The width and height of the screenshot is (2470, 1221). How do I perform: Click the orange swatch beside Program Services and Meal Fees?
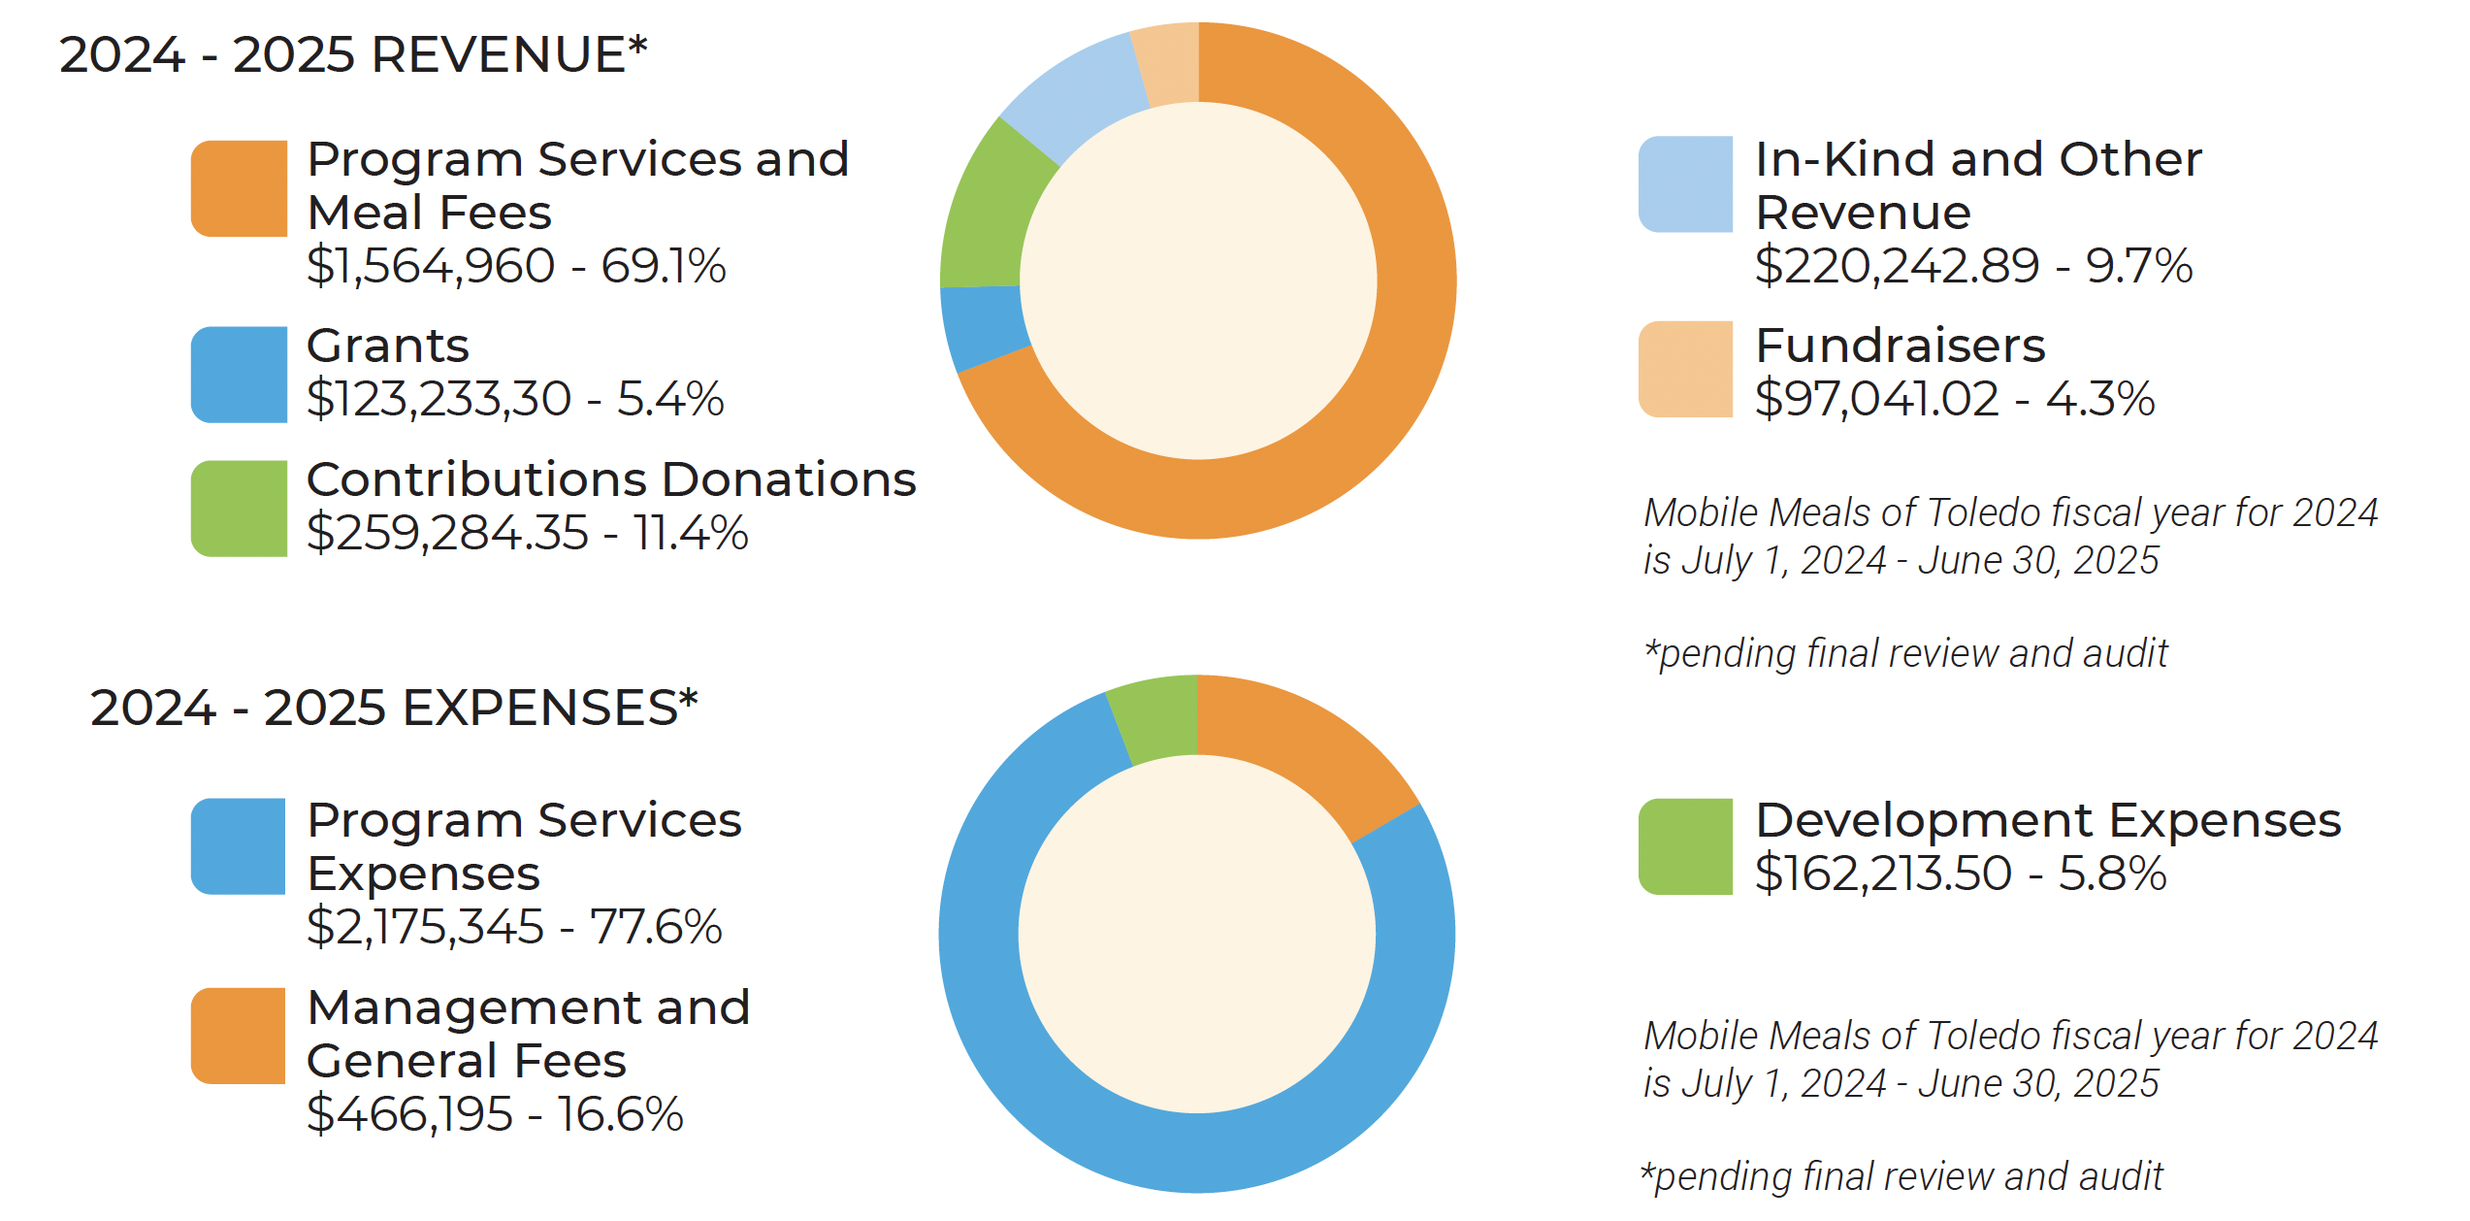coord(239,188)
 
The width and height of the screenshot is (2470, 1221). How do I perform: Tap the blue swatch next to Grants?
coord(239,375)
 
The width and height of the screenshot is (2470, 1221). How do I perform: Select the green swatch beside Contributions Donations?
coord(239,509)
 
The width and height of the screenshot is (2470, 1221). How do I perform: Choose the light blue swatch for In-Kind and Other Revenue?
coord(1685,184)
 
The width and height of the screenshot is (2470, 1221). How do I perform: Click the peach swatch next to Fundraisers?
coord(1685,369)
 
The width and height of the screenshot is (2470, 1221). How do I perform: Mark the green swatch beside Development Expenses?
coord(1685,846)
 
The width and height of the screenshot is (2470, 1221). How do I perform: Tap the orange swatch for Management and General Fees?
coord(239,1036)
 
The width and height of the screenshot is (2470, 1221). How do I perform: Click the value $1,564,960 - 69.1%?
coord(516,266)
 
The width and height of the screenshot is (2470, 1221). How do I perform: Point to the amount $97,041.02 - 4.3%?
coord(1955,399)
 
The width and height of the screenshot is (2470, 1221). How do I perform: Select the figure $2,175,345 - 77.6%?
coord(514,927)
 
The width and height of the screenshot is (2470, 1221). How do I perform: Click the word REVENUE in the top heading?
coord(498,54)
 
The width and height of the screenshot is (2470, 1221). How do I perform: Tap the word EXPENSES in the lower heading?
coord(539,708)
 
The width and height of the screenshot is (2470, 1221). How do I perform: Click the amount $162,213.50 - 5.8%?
coord(1961,874)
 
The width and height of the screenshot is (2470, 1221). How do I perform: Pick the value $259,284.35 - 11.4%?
coord(528,533)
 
